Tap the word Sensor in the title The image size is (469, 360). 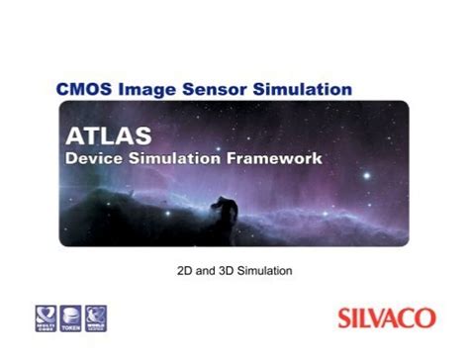[x=209, y=89]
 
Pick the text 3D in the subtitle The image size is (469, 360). [x=225, y=269]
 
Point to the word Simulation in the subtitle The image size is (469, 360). [x=266, y=269]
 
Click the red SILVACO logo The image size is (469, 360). [x=386, y=318]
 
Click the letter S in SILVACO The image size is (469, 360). [x=345, y=318]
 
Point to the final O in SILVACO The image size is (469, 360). [x=425, y=318]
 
